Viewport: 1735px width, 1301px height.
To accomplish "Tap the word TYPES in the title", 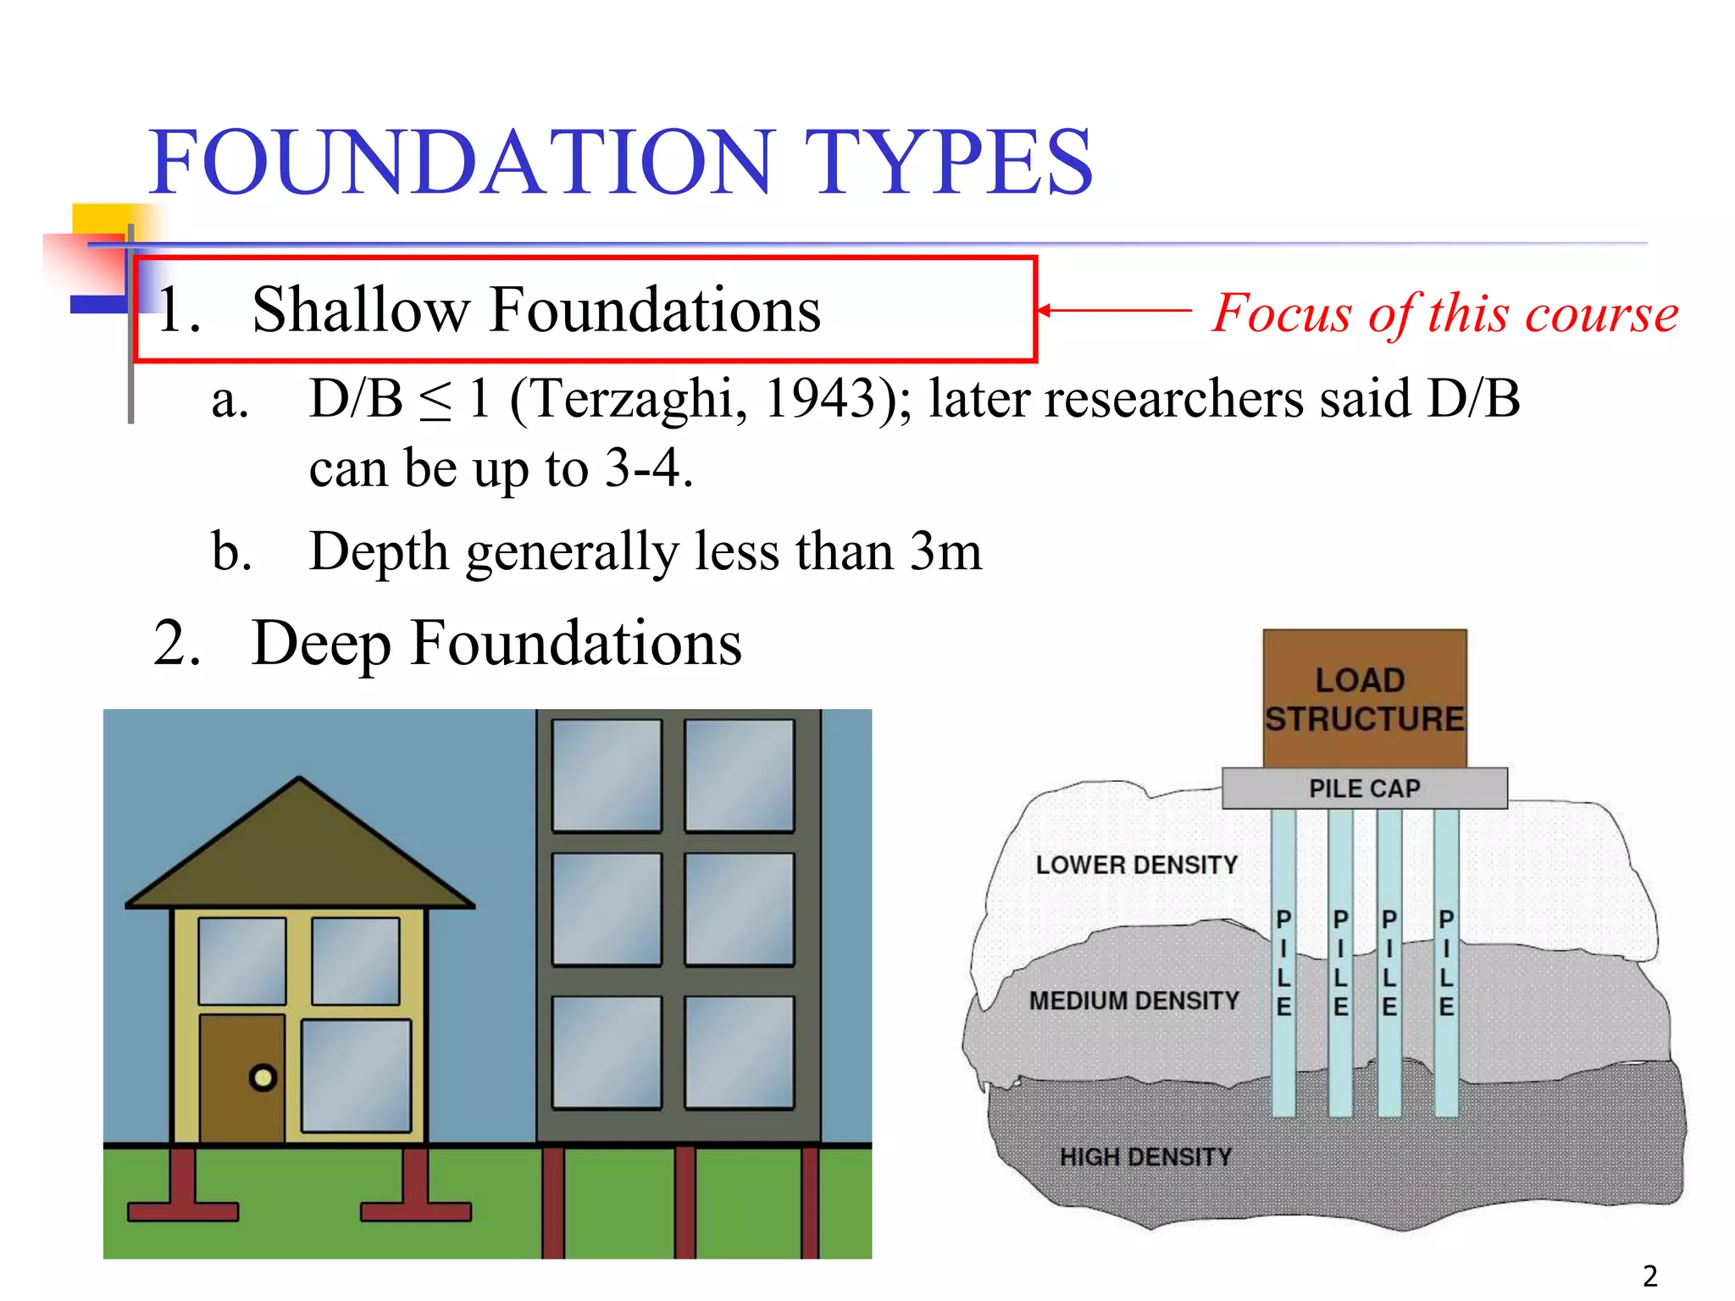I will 948,162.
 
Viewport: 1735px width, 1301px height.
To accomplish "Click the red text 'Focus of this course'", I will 1444,313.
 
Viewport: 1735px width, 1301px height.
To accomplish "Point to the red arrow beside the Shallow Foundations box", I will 1113,311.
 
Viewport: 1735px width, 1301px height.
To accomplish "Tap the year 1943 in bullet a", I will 818,398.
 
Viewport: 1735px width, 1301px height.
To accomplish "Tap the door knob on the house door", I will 263,1077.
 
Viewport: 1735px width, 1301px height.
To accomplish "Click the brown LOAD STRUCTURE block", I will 1364,698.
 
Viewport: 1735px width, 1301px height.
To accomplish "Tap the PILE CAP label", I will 1364,789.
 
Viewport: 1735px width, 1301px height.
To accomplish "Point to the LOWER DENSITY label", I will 1136,865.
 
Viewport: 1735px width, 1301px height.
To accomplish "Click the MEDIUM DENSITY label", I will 1134,1000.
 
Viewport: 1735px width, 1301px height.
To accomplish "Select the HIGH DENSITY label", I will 1145,1157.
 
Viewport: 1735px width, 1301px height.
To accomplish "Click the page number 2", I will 1649,1276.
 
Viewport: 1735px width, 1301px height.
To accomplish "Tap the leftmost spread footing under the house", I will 183,1194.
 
